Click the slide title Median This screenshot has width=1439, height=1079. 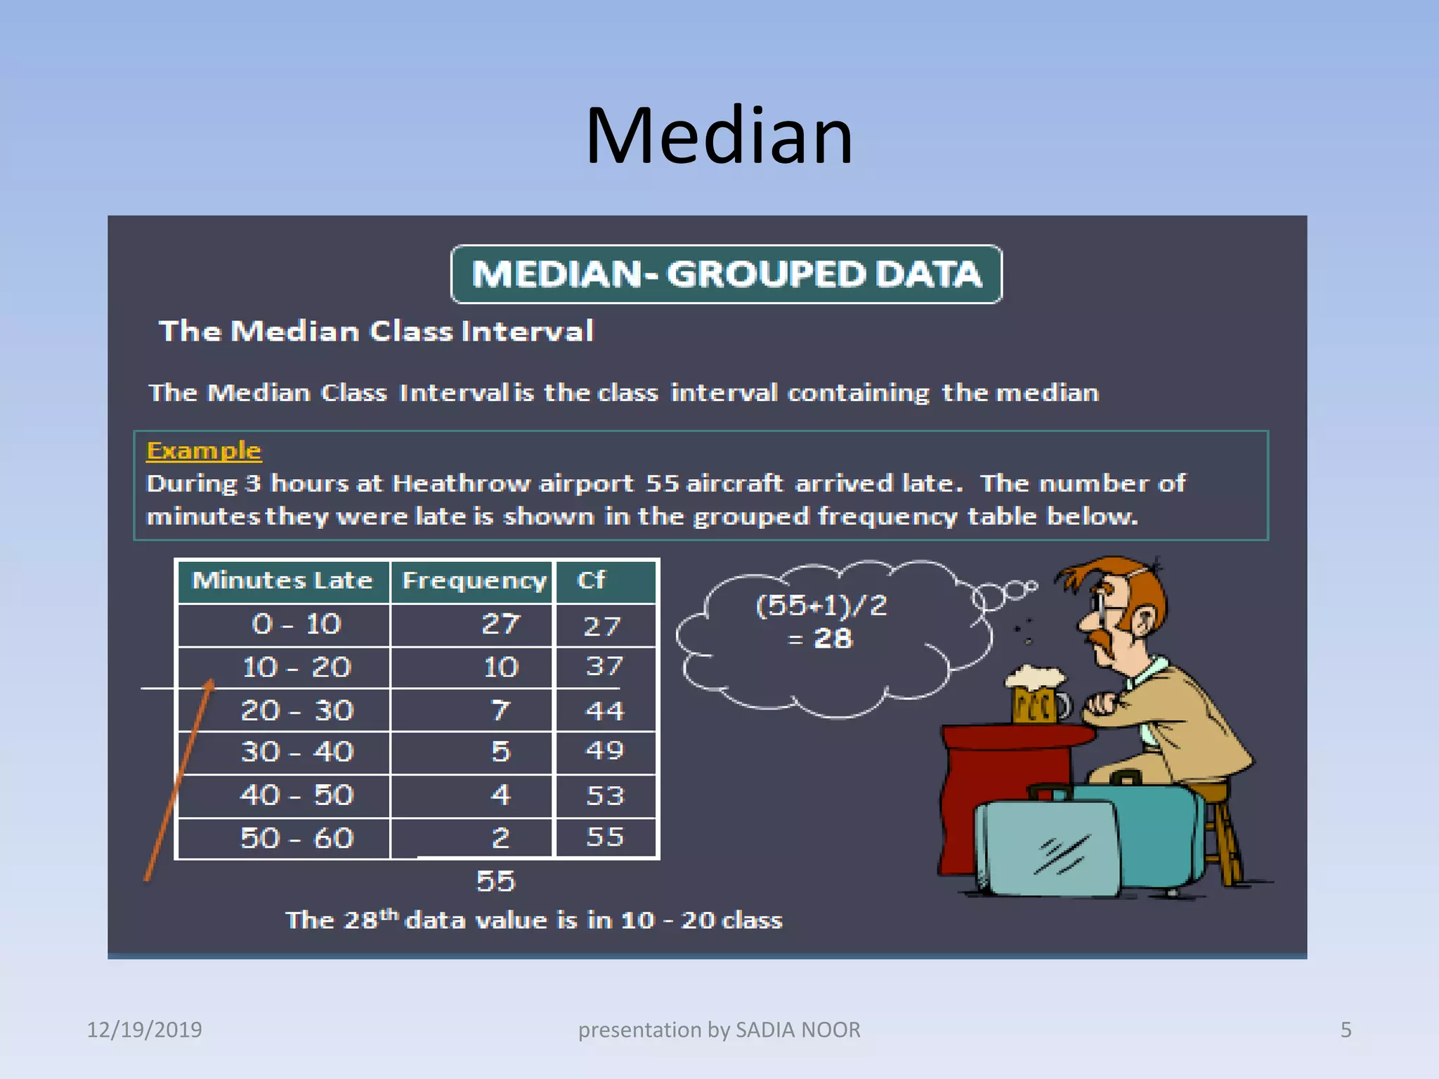click(x=719, y=136)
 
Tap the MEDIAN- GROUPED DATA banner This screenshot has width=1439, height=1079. click(x=726, y=274)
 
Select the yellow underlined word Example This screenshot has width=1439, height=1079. click(x=204, y=450)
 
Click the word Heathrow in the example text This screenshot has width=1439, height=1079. click(x=460, y=483)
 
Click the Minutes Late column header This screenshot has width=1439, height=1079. click(x=282, y=581)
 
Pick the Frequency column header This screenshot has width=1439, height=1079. click(x=474, y=581)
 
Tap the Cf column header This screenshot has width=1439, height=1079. click(x=591, y=581)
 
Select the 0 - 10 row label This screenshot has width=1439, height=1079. click(x=296, y=624)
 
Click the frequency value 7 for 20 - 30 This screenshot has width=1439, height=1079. click(x=500, y=710)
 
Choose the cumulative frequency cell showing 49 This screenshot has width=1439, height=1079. click(x=604, y=751)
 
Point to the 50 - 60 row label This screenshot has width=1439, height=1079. click(x=296, y=838)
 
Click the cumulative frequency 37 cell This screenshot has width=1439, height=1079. click(x=604, y=666)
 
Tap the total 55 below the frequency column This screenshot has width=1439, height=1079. click(x=495, y=882)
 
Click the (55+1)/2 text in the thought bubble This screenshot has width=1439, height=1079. click(x=821, y=606)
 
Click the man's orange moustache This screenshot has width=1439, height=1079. click(x=1106, y=635)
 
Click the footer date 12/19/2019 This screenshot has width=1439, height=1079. click(x=144, y=1030)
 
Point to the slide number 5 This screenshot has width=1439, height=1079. click(x=1346, y=1030)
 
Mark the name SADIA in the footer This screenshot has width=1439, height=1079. click(x=764, y=1030)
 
